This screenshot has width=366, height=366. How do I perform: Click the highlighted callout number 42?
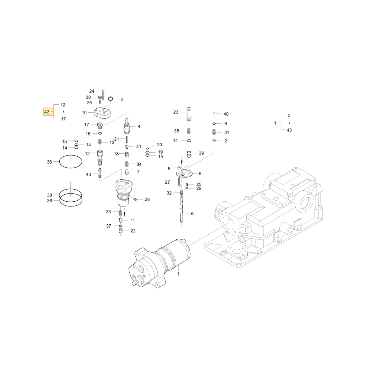47,112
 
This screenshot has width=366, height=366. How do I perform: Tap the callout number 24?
92,91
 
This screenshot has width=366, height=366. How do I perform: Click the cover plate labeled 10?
102,113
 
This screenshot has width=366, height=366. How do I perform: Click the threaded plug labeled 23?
189,114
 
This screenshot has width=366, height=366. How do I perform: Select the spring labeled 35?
189,131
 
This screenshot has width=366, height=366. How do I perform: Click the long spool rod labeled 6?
182,209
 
